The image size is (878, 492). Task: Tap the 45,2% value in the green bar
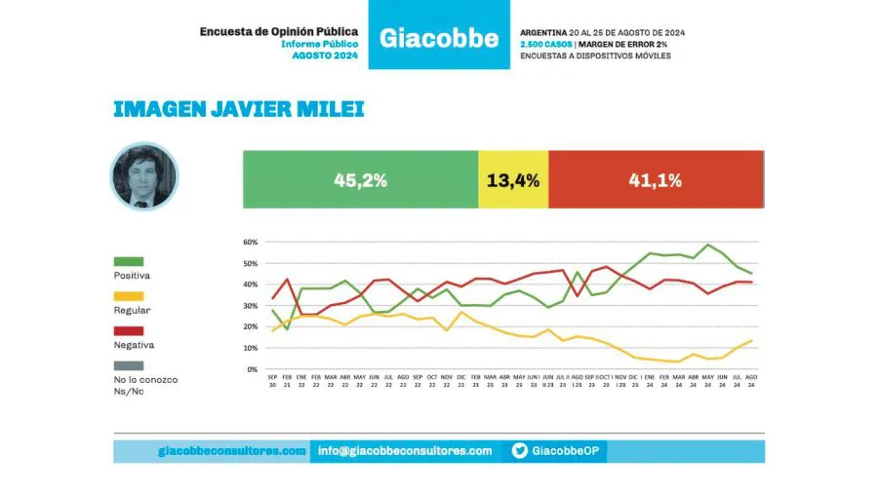coord(361,180)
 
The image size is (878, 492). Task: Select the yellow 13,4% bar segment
coord(513,180)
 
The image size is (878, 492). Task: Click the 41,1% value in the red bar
coord(657,180)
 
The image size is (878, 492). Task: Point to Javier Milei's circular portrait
coord(144,176)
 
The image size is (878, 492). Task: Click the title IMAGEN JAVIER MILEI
coord(239,108)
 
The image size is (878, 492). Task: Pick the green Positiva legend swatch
coord(129,261)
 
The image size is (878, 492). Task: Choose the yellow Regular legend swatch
coord(129,296)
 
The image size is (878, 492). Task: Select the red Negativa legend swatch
coord(129,331)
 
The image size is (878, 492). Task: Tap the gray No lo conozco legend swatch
coord(129,365)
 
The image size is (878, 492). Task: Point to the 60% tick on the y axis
coord(250,242)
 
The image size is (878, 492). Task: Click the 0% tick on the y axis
coord(252,370)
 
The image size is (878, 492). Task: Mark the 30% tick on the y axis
coord(250,306)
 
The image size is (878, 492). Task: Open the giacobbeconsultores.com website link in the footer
coord(232,451)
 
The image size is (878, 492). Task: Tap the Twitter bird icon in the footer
coord(520,451)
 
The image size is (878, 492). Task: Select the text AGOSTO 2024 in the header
coord(326,56)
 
